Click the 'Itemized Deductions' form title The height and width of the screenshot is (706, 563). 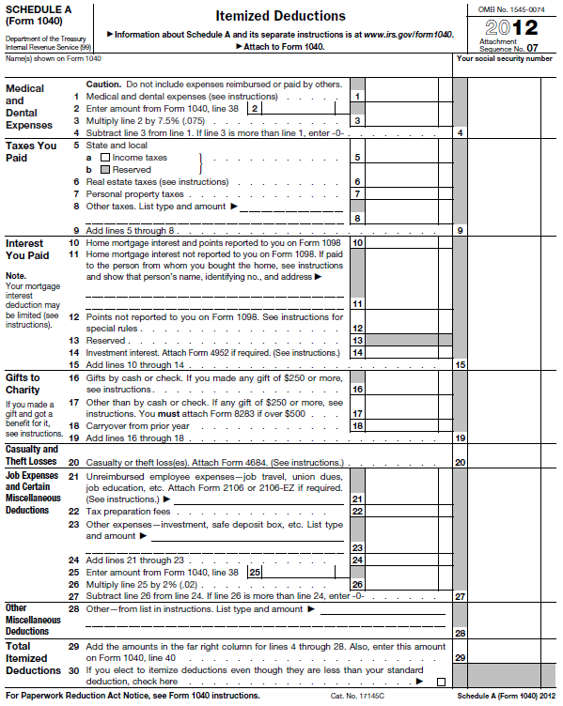pos(280,16)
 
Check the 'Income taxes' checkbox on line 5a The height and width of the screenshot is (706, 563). pos(105,158)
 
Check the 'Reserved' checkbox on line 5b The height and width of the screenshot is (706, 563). pos(105,170)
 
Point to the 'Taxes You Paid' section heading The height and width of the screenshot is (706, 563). pos(31,152)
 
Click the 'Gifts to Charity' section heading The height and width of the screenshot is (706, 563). pos(23,383)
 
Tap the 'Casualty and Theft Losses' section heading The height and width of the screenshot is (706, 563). pos(31,454)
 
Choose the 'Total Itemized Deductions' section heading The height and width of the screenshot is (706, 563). pos(34,658)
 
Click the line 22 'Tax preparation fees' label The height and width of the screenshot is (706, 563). pos(128,512)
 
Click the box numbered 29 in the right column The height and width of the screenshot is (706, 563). pos(460,658)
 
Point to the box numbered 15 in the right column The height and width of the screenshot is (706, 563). pos(460,364)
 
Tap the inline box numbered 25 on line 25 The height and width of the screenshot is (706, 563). pos(255,572)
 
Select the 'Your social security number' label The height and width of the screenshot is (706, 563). pos(504,58)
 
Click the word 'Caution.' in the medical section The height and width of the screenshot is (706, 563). pos(104,84)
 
